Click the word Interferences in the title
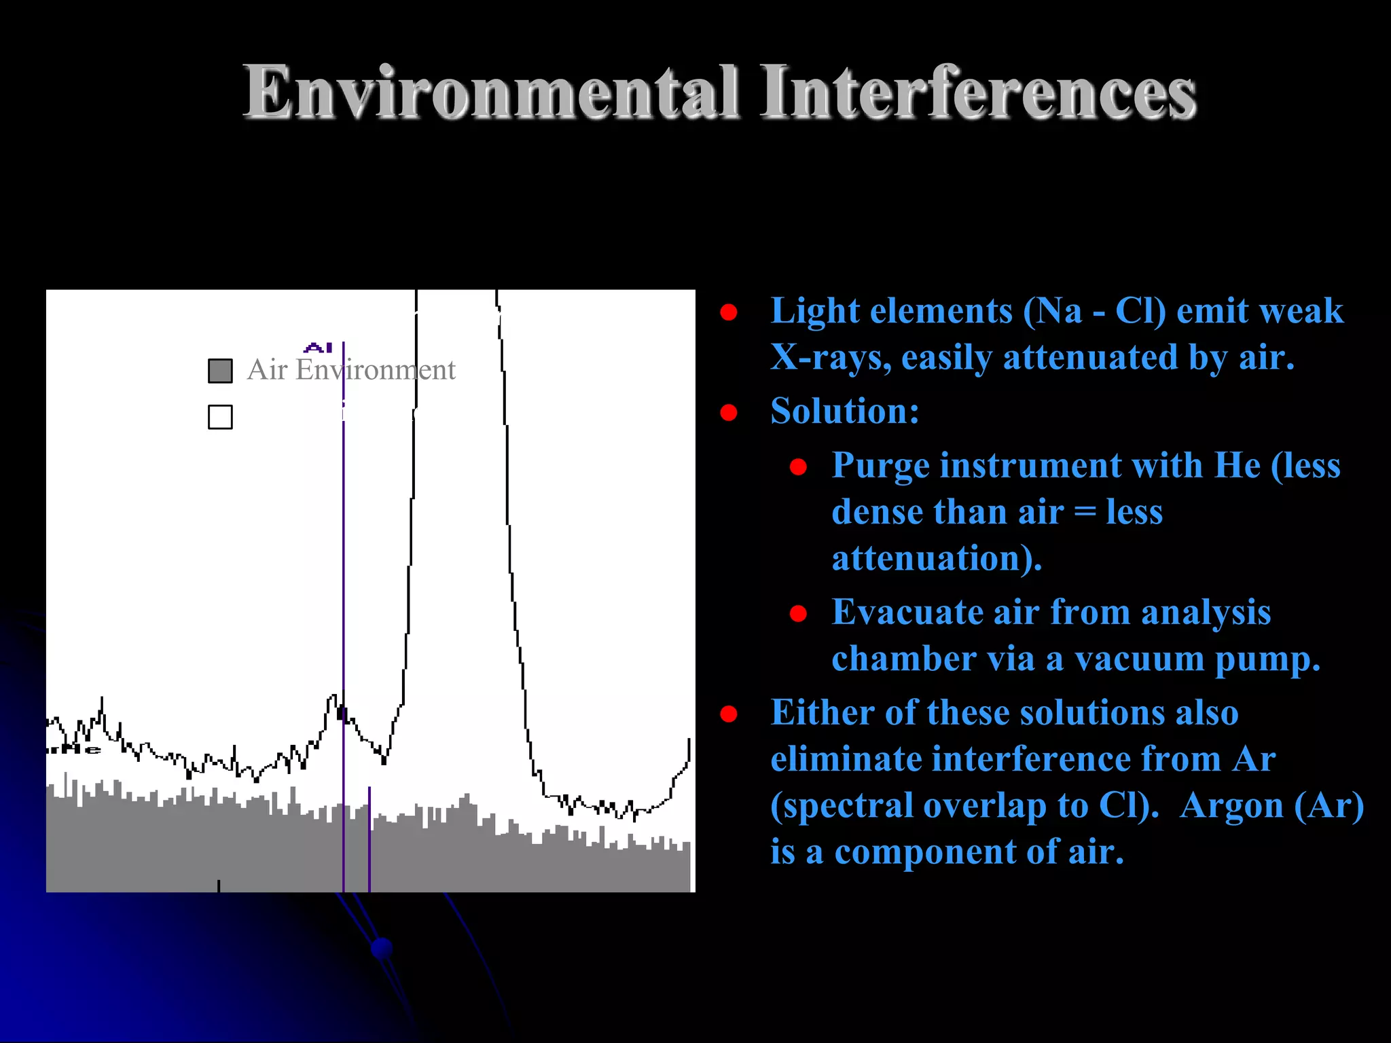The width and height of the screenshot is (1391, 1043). click(978, 93)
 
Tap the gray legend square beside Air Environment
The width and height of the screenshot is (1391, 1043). click(220, 371)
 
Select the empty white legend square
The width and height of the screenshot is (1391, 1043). click(220, 417)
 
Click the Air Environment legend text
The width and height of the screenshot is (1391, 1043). click(350, 370)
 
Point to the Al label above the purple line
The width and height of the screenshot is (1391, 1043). click(318, 348)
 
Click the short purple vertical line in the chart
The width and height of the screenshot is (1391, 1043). click(369, 839)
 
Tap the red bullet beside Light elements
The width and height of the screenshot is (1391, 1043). click(729, 312)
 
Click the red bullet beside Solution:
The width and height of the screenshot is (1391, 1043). click(729, 412)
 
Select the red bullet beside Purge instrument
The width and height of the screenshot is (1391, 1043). click(798, 467)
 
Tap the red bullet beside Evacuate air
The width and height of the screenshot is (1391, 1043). click(798, 614)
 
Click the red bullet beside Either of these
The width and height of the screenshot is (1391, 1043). click(729, 714)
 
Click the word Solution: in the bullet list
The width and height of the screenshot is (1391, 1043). click(845, 411)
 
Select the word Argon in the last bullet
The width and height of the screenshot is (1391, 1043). click(1231, 806)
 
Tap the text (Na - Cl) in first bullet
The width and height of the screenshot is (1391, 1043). click(1095, 311)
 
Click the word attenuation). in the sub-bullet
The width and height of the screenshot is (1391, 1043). click(937, 558)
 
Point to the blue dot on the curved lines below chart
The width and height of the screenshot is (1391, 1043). click(382, 948)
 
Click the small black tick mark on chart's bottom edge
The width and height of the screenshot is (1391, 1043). click(219, 885)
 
